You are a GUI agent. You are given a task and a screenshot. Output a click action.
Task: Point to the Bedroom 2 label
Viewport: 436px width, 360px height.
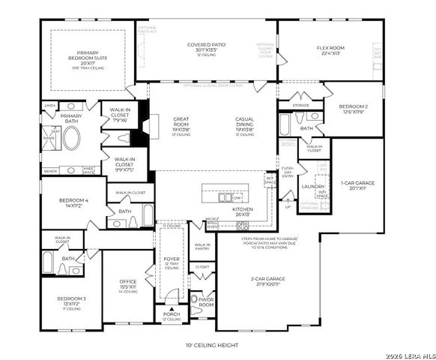pyautogui.click(x=353, y=109)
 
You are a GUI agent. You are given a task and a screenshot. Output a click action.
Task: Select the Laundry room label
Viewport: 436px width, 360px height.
pyautogui.click(x=312, y=186)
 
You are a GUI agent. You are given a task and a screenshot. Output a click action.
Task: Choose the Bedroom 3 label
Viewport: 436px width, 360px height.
pyautogui.click(x=72, y=301)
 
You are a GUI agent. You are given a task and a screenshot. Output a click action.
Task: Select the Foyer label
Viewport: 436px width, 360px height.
pyautogui.click(x=172, y=260)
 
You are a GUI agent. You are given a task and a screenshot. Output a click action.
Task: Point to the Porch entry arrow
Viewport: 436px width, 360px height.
pyautogui.click(x=172, y=310)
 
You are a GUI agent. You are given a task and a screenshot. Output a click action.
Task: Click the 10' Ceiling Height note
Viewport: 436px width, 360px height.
pyautogui.click(x=212, y=346)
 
